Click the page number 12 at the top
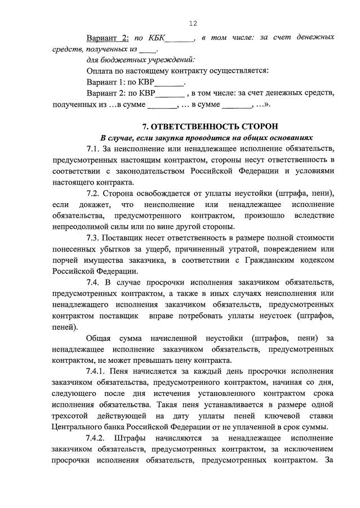click(x=193, y=23)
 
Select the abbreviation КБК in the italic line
click(x=157, y=38)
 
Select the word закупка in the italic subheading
click(x=164, y=137)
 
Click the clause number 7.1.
click(x=94, y=149)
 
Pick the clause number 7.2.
click(x=94, y=192)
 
